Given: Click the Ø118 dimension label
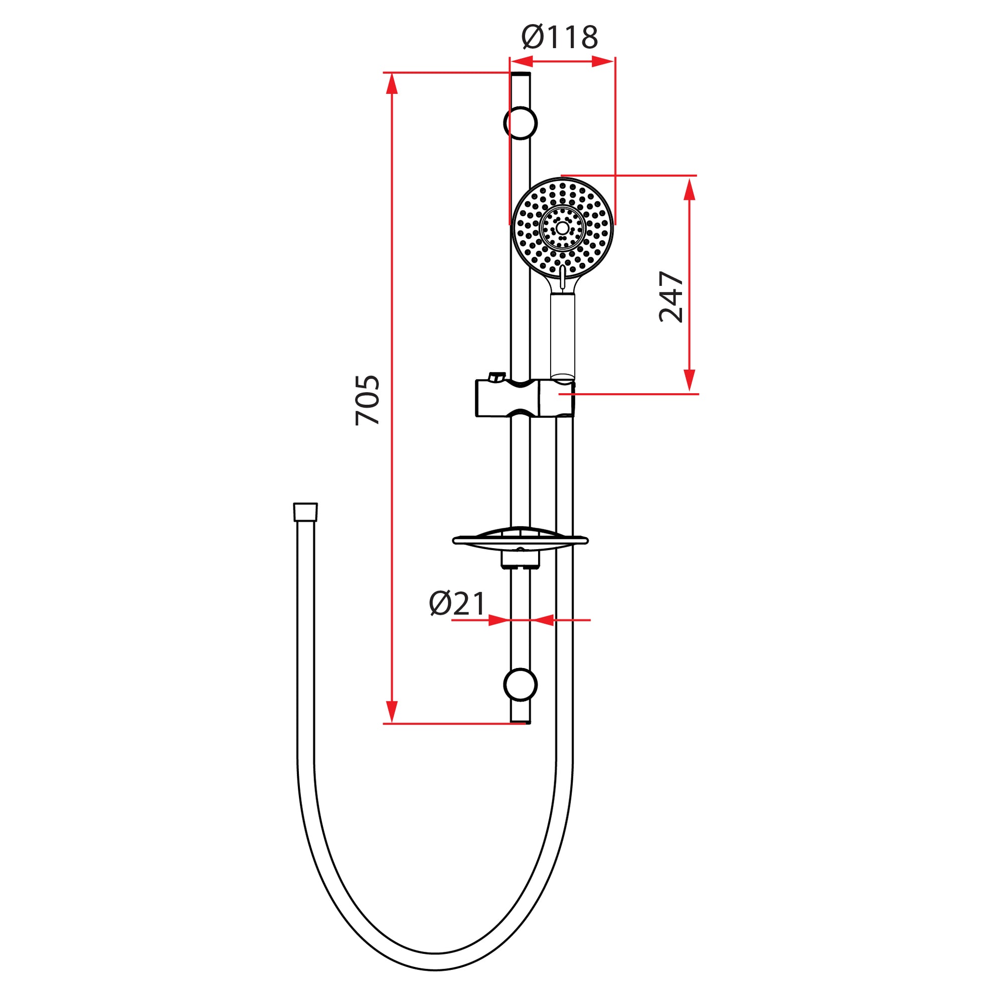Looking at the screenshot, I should [560, 38].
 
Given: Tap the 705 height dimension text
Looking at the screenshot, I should [368, 400].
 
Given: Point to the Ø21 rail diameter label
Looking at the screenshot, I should [457, 604].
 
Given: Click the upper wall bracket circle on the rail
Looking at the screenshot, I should [520, 123].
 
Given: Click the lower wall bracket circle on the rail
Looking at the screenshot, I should [520, 685].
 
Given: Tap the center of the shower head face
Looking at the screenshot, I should [563, 228].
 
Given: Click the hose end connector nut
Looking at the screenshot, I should [305, 512].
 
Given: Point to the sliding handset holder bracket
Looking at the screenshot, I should [525, 398].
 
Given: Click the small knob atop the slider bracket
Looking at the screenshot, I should [497, 376].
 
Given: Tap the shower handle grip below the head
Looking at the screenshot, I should [563, 335].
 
